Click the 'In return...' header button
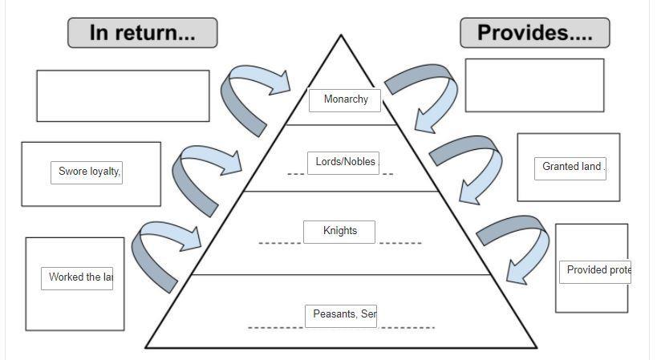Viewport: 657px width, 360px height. pos(142,33)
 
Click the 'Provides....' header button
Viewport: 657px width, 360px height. pos(534,33)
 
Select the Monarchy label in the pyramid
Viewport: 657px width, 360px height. pos(345,99)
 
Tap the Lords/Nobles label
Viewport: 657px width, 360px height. pos(345,162)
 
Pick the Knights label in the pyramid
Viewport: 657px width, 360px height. pos(339,231)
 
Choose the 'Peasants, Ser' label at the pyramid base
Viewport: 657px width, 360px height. pos(342,314)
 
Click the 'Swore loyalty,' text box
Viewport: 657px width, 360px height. pos(87,172)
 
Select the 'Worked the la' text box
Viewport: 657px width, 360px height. pos(77,277)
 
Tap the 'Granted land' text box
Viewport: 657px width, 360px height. pos(570,168)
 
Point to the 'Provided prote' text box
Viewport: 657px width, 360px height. pos(595,270)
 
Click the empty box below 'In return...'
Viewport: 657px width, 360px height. pos(123,95)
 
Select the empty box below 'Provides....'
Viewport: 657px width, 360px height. pos(534,85)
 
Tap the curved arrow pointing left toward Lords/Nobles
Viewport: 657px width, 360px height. pos(201,172)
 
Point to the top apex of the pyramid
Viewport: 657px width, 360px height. pos(341,36)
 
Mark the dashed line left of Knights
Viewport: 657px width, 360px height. pos(279,242)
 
